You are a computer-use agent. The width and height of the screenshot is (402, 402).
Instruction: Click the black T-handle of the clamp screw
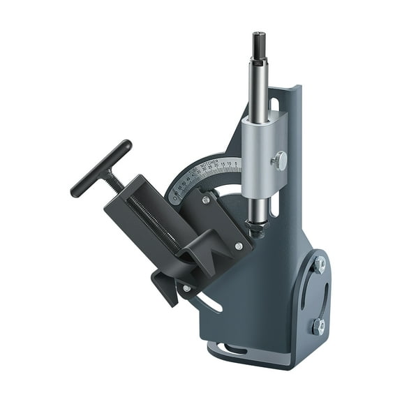click(100, 167)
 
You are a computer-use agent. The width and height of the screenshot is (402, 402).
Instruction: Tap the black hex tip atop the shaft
click(258, 39)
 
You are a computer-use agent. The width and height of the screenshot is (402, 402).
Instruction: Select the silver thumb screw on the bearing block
click(280, 161)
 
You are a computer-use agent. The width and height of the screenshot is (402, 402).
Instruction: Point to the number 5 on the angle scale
click(237, 165)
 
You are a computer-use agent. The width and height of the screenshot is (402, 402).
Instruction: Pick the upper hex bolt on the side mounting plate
click(319, 265)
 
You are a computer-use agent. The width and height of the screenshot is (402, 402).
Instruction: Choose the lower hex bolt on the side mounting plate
click(318, 325)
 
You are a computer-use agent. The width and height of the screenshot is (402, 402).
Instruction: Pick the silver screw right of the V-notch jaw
click(239, 246)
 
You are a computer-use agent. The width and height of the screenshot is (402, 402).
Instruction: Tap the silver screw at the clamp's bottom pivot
click(186, 288)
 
